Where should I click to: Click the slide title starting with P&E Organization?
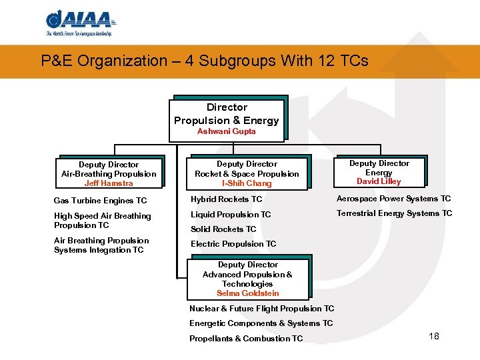(x=205, y=61)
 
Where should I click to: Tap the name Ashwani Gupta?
(x=227, y=131)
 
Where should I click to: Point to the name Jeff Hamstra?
(x=109, y=183)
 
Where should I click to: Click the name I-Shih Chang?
(x=247, y=183)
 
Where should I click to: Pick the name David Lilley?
(x=379, y=181)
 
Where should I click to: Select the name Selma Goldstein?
(x=248, y=293)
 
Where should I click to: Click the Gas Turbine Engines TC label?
(x=100, y=201)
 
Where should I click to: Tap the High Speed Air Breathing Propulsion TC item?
(x=102, y=221)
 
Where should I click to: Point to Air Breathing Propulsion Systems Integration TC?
(x=101, y=245)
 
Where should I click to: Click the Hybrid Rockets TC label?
(x=227, y=199)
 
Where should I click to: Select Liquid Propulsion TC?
(x=231, y=215)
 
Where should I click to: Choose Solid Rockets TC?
(x=223, y=229)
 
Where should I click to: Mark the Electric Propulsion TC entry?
(x=233, y=244)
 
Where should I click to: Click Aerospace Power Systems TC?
(x=393, y=199)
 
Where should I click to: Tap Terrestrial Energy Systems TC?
(x=394, y=213)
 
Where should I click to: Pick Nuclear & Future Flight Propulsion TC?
(x=262, y=309)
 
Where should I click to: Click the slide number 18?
(x=434, y=336)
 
